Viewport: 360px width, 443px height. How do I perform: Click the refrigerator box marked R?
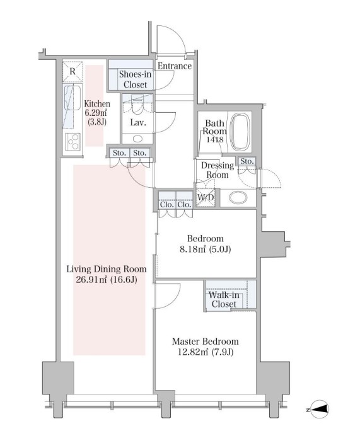(x=73, y=71)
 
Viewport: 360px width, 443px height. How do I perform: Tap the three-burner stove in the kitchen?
(x=73, y=141)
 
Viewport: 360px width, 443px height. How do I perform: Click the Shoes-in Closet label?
(x=135, y=79)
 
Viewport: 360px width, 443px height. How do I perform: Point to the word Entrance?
(x=175, y=66)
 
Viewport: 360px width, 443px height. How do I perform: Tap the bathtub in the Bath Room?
(x=240, y=131)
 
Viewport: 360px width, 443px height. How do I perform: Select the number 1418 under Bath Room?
(x=215, y=139)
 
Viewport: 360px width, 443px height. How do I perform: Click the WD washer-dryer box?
(x=206, y=197)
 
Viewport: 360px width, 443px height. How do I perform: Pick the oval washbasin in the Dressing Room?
(x=238, y=197)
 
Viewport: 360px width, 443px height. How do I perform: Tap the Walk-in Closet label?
(x=224, y=300)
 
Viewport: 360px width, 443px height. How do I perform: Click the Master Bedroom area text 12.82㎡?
(x=192, y=352)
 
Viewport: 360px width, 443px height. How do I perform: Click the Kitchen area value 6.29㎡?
(x=96, y=113)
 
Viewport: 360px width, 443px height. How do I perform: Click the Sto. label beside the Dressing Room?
(x=247, y=161)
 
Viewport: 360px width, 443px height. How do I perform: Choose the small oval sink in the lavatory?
(x=137, y=139)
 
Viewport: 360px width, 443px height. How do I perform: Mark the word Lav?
(x=138, y=123)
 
